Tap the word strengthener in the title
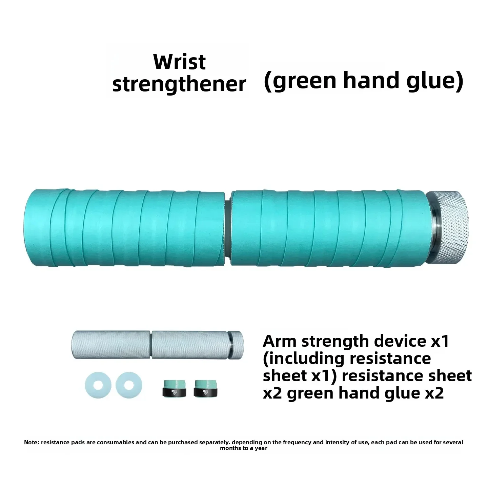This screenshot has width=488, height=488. click(x=179, y=84)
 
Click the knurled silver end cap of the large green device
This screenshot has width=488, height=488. click(x=448, y=227)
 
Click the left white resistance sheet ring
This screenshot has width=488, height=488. click(x=98, y=385)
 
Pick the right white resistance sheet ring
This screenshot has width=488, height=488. click(x=129, y=385)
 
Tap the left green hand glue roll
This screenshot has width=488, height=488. click(x=174, y=388)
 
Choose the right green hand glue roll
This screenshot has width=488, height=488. click(x=205, y=388)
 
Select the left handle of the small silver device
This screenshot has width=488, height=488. click(x=111, y=345)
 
